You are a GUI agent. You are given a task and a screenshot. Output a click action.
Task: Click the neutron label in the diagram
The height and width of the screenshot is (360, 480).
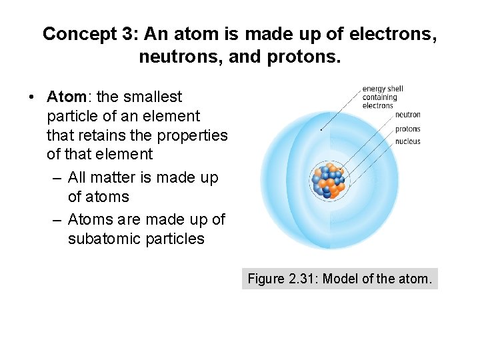pos(407,115)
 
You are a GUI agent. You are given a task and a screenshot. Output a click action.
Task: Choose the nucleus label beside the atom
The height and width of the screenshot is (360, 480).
pos(407,141)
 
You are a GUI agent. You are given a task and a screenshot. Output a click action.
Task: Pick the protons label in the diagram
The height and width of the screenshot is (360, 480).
pos(407,129)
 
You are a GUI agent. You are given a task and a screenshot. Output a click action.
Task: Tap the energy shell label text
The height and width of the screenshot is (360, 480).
pos(383,97)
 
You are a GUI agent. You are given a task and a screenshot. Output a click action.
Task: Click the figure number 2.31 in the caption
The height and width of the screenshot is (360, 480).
pos(301,279)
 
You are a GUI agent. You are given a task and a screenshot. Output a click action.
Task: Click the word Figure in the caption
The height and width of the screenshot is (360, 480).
pos(266,279)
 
